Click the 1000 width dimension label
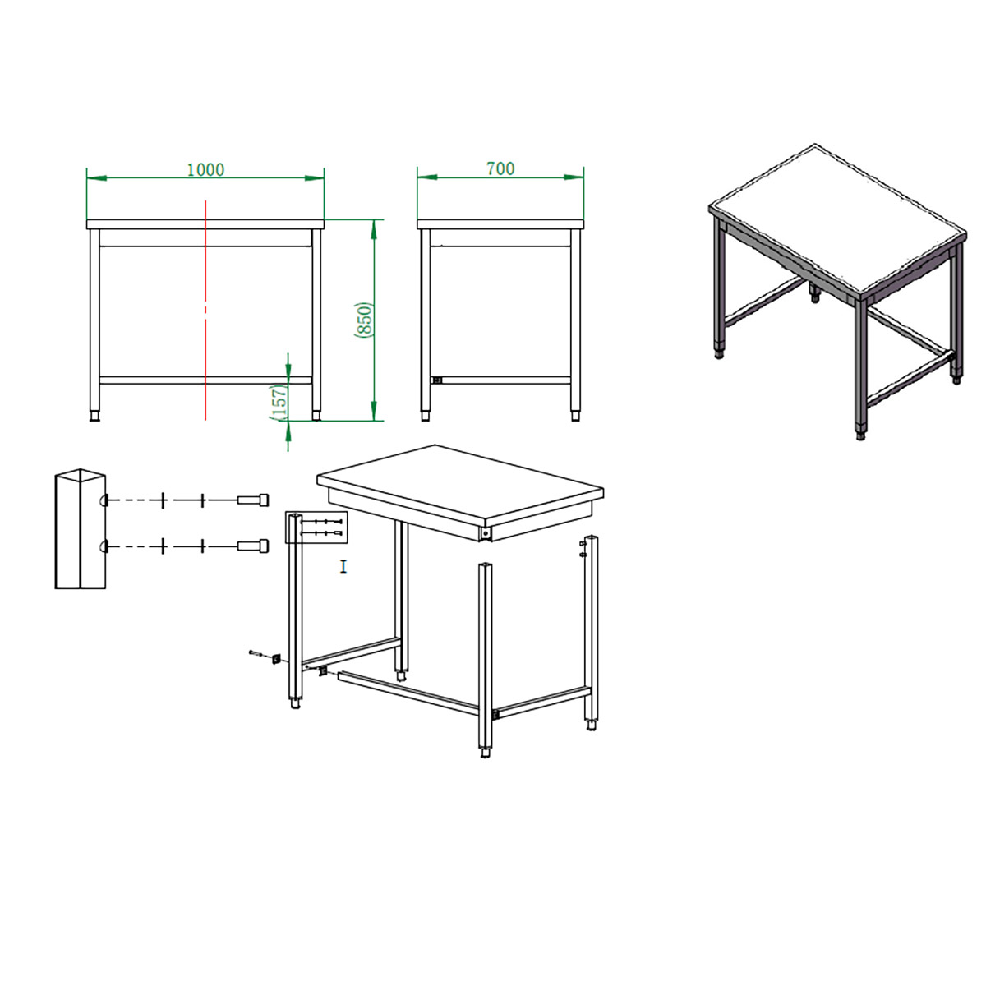205,169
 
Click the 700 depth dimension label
500,168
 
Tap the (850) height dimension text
364,320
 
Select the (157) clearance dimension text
279,403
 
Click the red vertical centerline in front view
205,310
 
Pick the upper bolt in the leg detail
253,500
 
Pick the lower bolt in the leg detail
253,546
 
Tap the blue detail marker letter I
343,566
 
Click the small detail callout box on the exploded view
316,527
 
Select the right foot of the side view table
576,416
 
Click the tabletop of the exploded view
459,479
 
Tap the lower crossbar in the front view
205,380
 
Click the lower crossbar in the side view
506,380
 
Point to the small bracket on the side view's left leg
436,380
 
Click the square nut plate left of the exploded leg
276,658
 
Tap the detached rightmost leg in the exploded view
591,634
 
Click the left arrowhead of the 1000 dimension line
96,178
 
